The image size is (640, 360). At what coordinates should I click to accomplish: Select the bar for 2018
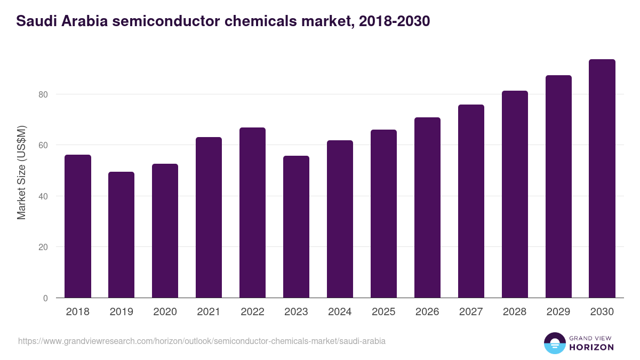pos(78,226)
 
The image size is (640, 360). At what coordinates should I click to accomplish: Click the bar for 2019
pos(122,235)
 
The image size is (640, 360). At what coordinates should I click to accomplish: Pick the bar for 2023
pos(297,227)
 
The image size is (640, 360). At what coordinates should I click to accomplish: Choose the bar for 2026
pos(428,207)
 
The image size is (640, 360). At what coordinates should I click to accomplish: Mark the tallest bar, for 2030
pos(602,179)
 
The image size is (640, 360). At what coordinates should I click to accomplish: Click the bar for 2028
pos(515,194)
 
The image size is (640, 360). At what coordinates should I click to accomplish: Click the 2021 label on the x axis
pos(209,312)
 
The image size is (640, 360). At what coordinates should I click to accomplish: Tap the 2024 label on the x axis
pos(340,312)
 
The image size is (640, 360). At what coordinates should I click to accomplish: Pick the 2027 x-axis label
pos(471,312)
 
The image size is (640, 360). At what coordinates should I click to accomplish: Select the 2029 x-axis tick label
pos(558,312)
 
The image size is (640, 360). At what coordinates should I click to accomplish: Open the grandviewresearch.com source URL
pos(202,341)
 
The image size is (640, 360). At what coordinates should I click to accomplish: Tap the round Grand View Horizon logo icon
pos(555,343)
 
